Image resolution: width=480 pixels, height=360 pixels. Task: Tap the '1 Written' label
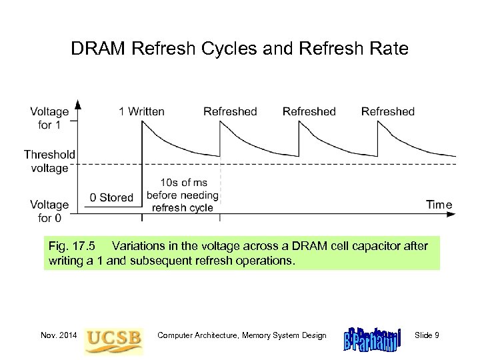[141, 111]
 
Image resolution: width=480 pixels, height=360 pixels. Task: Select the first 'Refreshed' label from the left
[230, 111]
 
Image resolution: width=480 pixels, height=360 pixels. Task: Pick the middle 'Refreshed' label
[309, 111]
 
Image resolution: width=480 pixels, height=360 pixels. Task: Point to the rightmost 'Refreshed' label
[387, 111]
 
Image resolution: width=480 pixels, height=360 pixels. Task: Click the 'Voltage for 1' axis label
[49, 117]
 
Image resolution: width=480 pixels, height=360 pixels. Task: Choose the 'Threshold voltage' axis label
[49, 161]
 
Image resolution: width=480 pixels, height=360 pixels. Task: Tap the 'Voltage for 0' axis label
[49, 211]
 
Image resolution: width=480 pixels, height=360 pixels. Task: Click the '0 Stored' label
[112, 197]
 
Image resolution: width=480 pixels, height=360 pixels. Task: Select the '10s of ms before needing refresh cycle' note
[182, 194]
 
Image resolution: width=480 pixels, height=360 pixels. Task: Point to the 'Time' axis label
[439, 205]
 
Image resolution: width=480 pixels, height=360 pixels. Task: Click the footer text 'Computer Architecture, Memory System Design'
[242, 335]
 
